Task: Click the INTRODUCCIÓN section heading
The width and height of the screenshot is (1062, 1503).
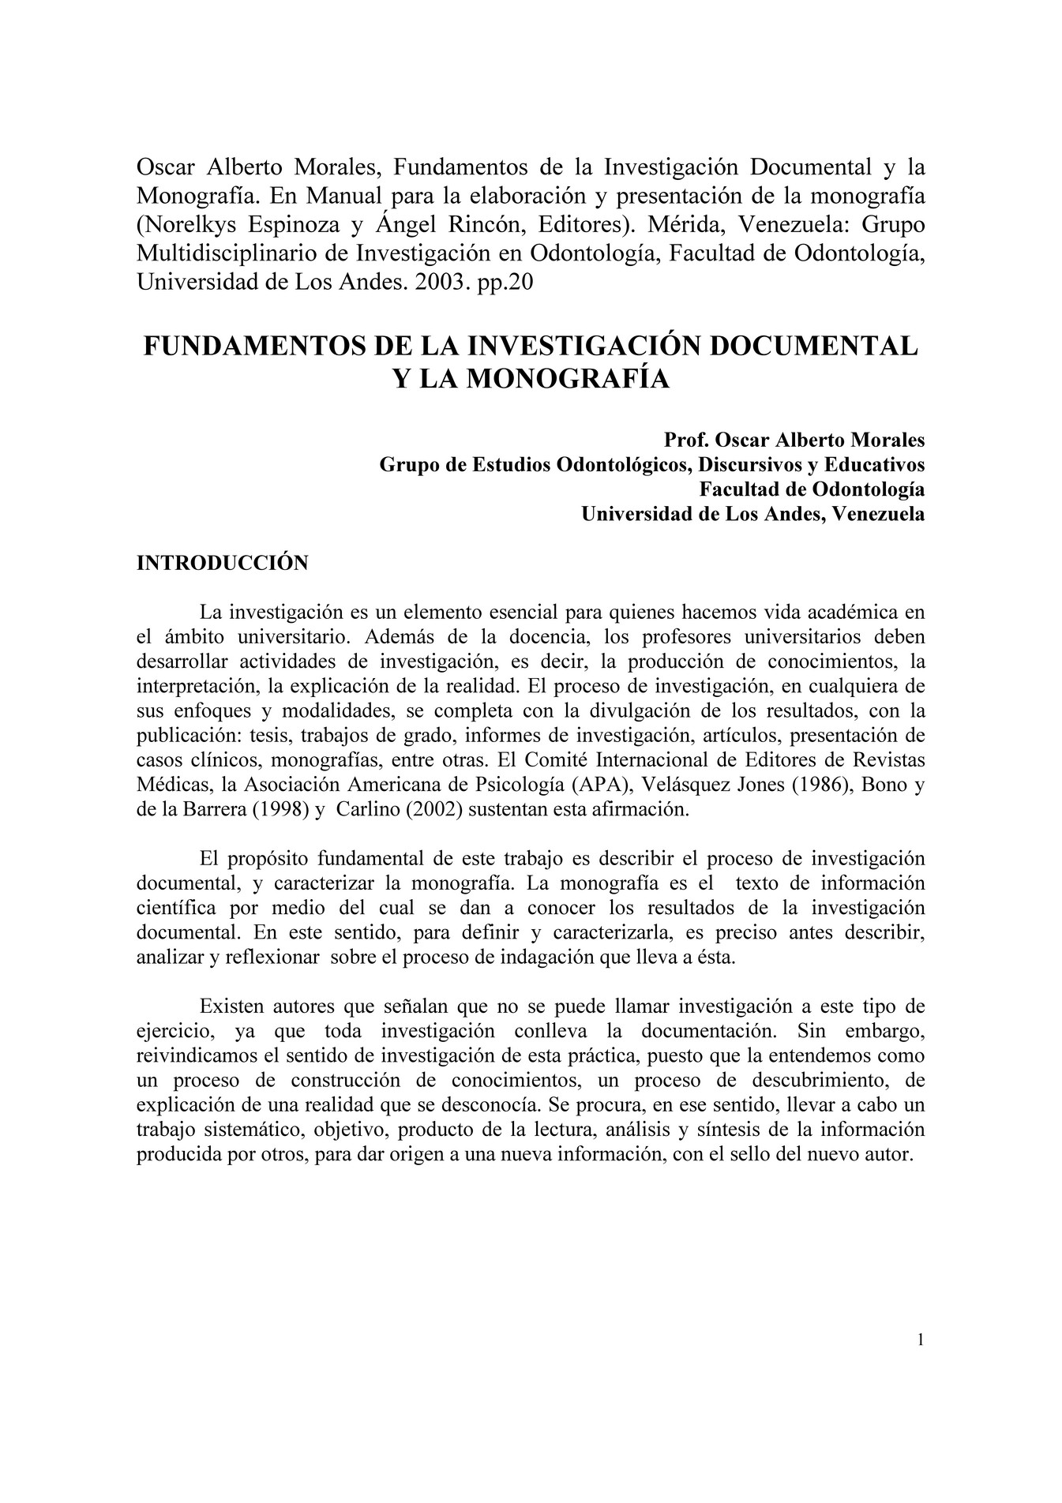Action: click(x=222, y=563)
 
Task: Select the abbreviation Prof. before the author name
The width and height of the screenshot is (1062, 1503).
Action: click(x=685, y=439)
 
